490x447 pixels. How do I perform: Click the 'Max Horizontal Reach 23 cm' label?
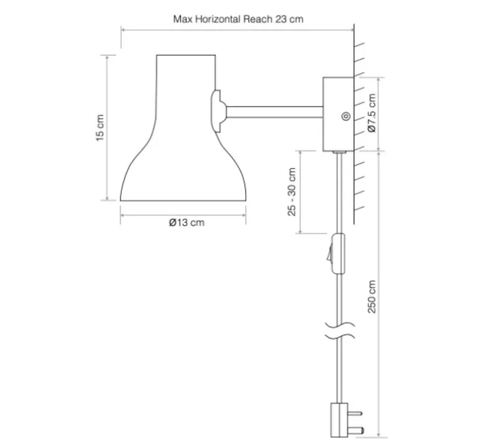(x=238, y=19)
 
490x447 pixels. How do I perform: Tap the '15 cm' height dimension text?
(x=99, y=128)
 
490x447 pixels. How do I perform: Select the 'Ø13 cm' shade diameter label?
(x=186, y=223)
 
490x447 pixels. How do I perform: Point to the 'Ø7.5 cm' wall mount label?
(x=371, y=113)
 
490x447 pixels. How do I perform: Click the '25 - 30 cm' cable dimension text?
(x=292, y=192)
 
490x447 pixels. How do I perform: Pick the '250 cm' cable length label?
(x=371, y=297)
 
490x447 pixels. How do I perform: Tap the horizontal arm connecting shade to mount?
(x=275, y=112)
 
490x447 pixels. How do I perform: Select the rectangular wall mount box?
(x=338, y=114)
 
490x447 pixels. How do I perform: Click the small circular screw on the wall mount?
(x=345, y=117)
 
